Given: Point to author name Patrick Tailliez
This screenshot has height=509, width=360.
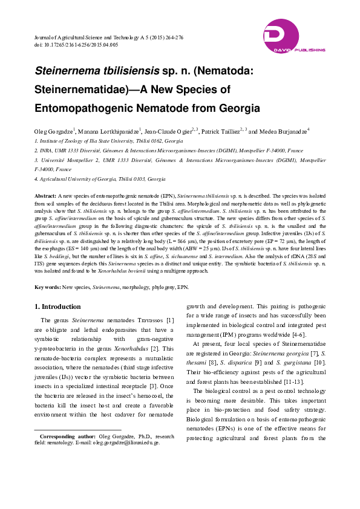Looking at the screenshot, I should pos(220,130).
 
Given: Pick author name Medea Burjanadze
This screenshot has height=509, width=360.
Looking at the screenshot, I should pos(286,130).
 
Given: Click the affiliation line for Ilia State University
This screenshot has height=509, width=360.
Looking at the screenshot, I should pos(91,140).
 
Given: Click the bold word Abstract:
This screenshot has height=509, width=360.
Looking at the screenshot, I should pos(45,196).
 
